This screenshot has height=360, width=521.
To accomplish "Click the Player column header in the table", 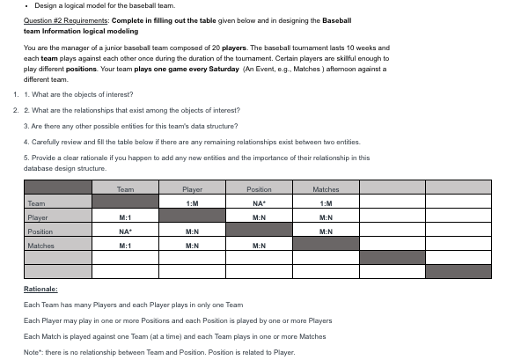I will coord(192,189).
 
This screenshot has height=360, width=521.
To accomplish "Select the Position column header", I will coord(259,189).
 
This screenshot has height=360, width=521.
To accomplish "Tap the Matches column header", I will coord(326,189).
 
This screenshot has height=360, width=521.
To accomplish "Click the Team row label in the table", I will coord(37,203).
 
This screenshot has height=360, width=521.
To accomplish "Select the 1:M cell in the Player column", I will coord(192,203).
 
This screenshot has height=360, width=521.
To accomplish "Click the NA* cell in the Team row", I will coord(259,203).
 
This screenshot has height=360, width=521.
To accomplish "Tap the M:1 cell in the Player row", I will coord(125,217).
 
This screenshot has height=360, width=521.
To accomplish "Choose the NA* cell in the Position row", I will coord(125,231).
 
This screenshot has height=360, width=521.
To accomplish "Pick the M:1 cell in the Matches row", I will coord(125,246).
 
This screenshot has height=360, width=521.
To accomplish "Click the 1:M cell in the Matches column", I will coord(326,203).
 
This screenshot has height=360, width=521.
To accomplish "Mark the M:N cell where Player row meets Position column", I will coord(259,217).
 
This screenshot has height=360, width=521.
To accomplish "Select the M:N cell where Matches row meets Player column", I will coord(192,246).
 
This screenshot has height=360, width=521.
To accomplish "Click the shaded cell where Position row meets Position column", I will coord(259,231).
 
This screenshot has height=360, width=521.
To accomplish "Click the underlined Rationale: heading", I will coord(40,289).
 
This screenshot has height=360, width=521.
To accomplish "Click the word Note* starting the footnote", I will coord(33,351).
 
